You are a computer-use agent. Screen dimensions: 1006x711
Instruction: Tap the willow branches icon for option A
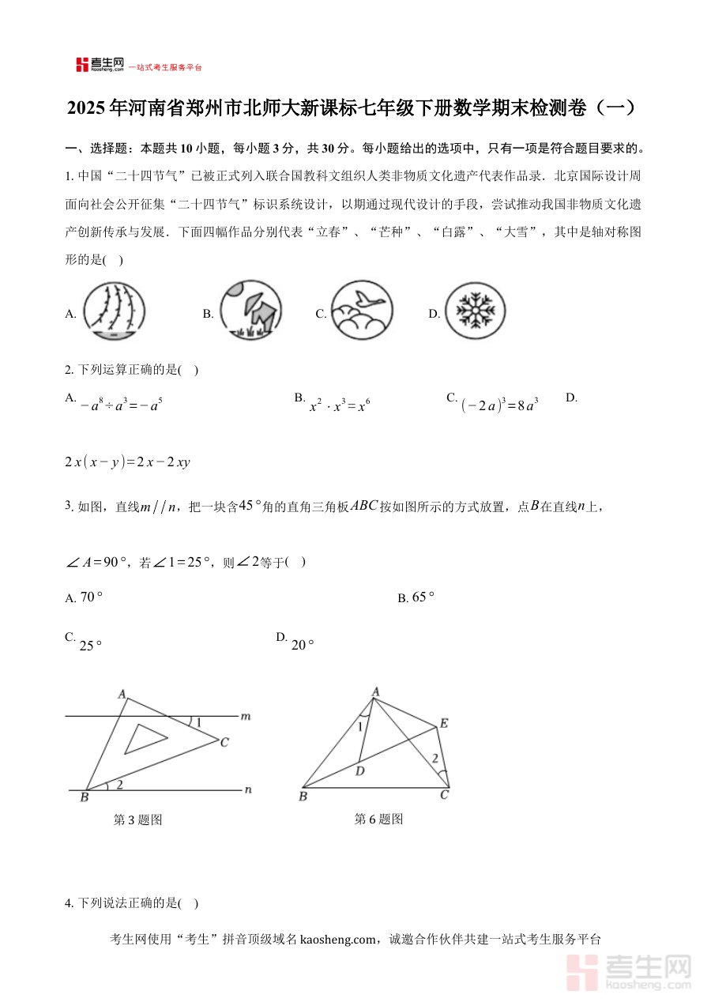[115, 311]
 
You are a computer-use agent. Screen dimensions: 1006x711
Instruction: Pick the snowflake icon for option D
[474, 311]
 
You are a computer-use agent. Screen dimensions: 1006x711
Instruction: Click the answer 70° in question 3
[92, 597]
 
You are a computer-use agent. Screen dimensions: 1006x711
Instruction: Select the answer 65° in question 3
[423, 597]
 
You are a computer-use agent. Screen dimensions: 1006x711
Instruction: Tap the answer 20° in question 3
[303, 645]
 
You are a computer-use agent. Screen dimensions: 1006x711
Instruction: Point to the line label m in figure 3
[246, 716]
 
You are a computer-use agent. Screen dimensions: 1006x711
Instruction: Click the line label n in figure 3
[248, 789]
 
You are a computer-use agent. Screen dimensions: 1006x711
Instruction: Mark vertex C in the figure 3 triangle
[224, 742]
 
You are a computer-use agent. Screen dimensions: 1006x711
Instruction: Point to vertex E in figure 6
[444, 723]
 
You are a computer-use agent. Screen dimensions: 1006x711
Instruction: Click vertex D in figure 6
[359, 770]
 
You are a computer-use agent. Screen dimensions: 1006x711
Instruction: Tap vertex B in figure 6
[303, 796]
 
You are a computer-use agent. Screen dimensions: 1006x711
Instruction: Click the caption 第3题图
[138, 820]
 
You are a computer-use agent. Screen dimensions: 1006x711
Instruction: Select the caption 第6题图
[378, 819]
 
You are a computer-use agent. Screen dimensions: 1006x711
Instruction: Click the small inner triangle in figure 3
[145, 739]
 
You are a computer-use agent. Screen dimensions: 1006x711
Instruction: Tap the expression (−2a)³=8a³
[499, 406]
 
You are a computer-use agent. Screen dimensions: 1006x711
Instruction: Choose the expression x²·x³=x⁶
[340, 406]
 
